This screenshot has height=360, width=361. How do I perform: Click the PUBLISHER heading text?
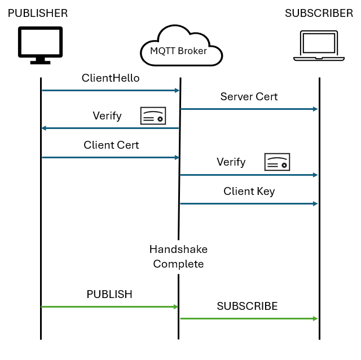tap(38, 13)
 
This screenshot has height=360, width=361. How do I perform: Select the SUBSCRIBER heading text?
tap(319, 13)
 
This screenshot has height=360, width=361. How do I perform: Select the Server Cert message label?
tap(249, 96)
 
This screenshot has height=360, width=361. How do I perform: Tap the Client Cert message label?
tap(111, 145)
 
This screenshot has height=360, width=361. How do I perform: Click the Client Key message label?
tap(249, 191)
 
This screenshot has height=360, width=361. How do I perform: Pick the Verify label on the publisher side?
tap(107, 116)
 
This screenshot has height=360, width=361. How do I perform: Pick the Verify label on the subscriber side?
tap(231, 162)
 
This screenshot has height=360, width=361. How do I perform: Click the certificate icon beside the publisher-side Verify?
tap(153, 115)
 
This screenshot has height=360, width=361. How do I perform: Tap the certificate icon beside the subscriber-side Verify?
tap(277, 162)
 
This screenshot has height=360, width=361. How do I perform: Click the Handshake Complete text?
tap(178, 256)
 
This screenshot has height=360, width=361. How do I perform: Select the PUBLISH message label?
tap(109, 294)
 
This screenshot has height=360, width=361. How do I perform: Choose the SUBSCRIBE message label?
tap(247, 306)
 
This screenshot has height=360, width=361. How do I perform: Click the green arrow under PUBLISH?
tap(110, 306)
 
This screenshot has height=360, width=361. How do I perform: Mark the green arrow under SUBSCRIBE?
tap(249, 318)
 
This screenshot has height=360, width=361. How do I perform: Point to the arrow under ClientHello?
tap(110, 90)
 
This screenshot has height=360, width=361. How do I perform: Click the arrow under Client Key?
tap(249, 203)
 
